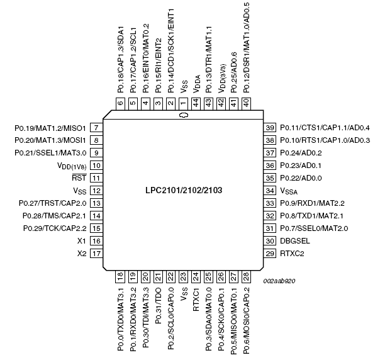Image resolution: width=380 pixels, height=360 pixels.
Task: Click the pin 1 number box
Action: tap(183, 103)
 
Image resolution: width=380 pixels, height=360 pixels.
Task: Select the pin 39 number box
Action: tap(271, 128)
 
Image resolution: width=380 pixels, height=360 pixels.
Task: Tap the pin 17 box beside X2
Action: tap(96, 254)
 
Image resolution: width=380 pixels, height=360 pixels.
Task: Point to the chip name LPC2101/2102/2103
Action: tap(183, 189)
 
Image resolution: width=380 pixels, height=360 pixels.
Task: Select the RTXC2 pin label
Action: tap(292, 254)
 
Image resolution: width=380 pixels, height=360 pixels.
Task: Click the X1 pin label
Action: tap(82, 241)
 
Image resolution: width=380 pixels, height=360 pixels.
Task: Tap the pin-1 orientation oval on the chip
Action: tap(183, 116)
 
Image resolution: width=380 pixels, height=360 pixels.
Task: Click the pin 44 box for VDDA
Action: tap(196, 103)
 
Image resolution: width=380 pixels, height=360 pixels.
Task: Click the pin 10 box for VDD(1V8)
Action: tap(96, 166)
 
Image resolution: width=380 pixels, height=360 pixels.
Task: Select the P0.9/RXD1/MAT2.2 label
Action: tap(313, 203)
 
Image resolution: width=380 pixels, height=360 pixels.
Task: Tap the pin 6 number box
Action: tap(120, 103)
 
